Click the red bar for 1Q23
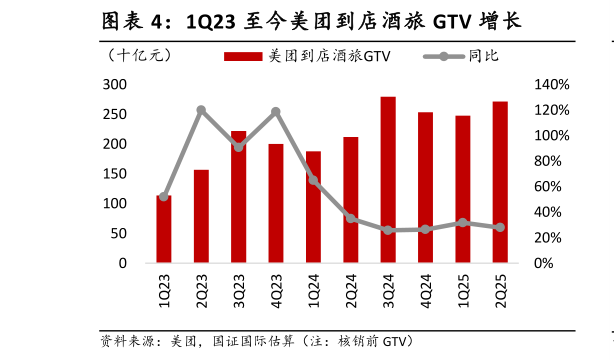(163, 229)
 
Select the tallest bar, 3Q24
(388, 180)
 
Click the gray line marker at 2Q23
(201, 110)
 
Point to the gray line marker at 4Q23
(276, 112)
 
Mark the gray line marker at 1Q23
(164, 197)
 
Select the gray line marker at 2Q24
(351, 218)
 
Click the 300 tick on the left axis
(116, 85)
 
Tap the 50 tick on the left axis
(120, 233)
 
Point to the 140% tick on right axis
(549, 85)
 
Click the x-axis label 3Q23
(239, 285)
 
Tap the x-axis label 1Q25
(463, 285)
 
